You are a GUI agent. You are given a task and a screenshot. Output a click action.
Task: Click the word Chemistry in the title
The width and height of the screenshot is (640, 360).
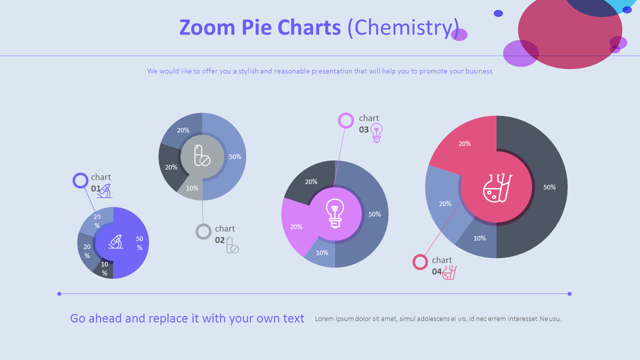pos(402,27)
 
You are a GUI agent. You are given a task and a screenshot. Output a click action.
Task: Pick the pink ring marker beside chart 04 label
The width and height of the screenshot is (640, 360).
pos(420,262)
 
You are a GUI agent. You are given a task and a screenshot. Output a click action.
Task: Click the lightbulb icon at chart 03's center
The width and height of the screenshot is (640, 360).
pos(335,213)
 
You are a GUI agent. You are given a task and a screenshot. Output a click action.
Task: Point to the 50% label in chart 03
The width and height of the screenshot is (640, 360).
pos(374,214)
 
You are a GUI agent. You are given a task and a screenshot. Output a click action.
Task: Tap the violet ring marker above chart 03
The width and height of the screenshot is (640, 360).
pos(346,120)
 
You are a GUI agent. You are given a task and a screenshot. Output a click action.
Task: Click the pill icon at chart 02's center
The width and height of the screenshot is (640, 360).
pos(202,155)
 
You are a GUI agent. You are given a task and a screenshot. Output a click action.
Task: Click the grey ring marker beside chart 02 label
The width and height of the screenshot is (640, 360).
pos(203,231)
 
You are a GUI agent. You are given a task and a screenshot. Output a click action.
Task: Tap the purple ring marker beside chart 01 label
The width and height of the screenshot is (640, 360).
pos(80,180)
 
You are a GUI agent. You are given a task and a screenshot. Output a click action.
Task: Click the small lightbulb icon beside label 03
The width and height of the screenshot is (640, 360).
pos(376,132)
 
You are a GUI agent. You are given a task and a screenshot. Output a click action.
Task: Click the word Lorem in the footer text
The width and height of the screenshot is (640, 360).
pos(324,319)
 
